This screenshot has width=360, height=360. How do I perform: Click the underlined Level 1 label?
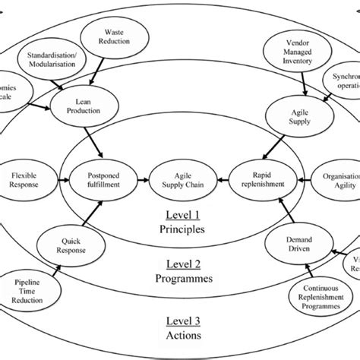tap(179, 214)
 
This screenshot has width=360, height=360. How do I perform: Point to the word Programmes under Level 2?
tap(179, 278)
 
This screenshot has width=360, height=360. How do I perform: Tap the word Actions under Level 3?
tap(179, 335)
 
